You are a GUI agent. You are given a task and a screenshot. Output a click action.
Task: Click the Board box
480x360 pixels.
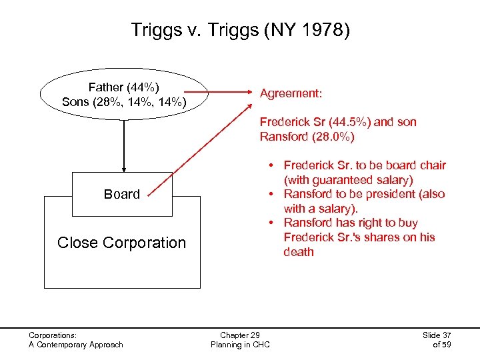pos(122,194)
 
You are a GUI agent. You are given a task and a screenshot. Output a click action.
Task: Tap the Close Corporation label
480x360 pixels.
pos(122,243)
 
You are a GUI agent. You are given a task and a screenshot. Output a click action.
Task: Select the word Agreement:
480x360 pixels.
pos(291,94)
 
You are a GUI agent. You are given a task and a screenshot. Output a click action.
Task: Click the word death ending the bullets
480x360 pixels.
pos(298,252)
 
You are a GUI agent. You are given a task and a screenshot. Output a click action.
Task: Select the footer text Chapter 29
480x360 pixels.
pos(239,335)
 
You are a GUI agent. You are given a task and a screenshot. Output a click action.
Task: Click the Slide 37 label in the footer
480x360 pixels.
pos(437,335)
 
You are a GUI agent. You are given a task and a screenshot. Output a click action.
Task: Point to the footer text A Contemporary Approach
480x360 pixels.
pos(76,344)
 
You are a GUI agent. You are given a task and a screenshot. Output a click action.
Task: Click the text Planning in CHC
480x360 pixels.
pos(239,344)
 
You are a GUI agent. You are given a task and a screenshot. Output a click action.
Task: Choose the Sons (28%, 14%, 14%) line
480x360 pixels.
pos(124,102)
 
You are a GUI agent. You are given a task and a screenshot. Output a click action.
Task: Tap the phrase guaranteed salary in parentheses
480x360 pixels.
pos(359,180)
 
